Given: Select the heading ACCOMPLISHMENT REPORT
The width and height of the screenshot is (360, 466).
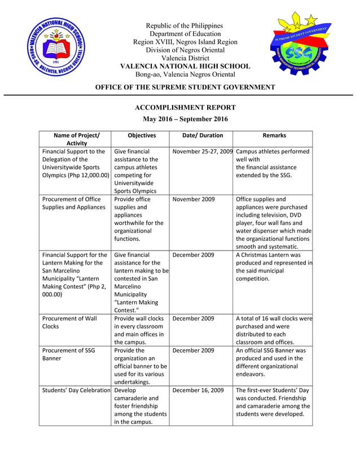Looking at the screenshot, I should tap(185, 107).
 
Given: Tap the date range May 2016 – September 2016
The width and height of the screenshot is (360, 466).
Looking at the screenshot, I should tap(185, 119).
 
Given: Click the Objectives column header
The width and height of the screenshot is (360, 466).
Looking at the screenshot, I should tap(142, 135).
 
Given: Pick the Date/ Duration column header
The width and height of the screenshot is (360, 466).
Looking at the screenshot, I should tap(203, 135).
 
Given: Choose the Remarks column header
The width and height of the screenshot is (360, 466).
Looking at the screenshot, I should tap(274, 135).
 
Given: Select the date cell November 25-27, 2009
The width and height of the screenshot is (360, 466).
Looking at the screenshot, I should tap(203, 152).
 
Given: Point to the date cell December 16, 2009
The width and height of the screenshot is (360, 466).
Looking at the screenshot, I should tap(198, 390).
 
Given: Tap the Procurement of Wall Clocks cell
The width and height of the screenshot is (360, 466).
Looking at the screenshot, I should tap(68, 322).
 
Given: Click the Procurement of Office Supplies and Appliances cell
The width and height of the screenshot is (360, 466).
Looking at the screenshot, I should tap(73, 203).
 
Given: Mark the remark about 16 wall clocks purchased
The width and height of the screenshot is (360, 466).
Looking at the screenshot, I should tap(274, 330).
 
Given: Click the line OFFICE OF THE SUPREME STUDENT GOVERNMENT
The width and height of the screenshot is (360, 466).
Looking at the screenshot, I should tap(185, 87).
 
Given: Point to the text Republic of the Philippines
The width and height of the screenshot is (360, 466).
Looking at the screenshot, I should tap(185, 26).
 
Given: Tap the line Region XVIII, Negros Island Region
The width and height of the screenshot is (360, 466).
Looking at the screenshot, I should tap(185, 42).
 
